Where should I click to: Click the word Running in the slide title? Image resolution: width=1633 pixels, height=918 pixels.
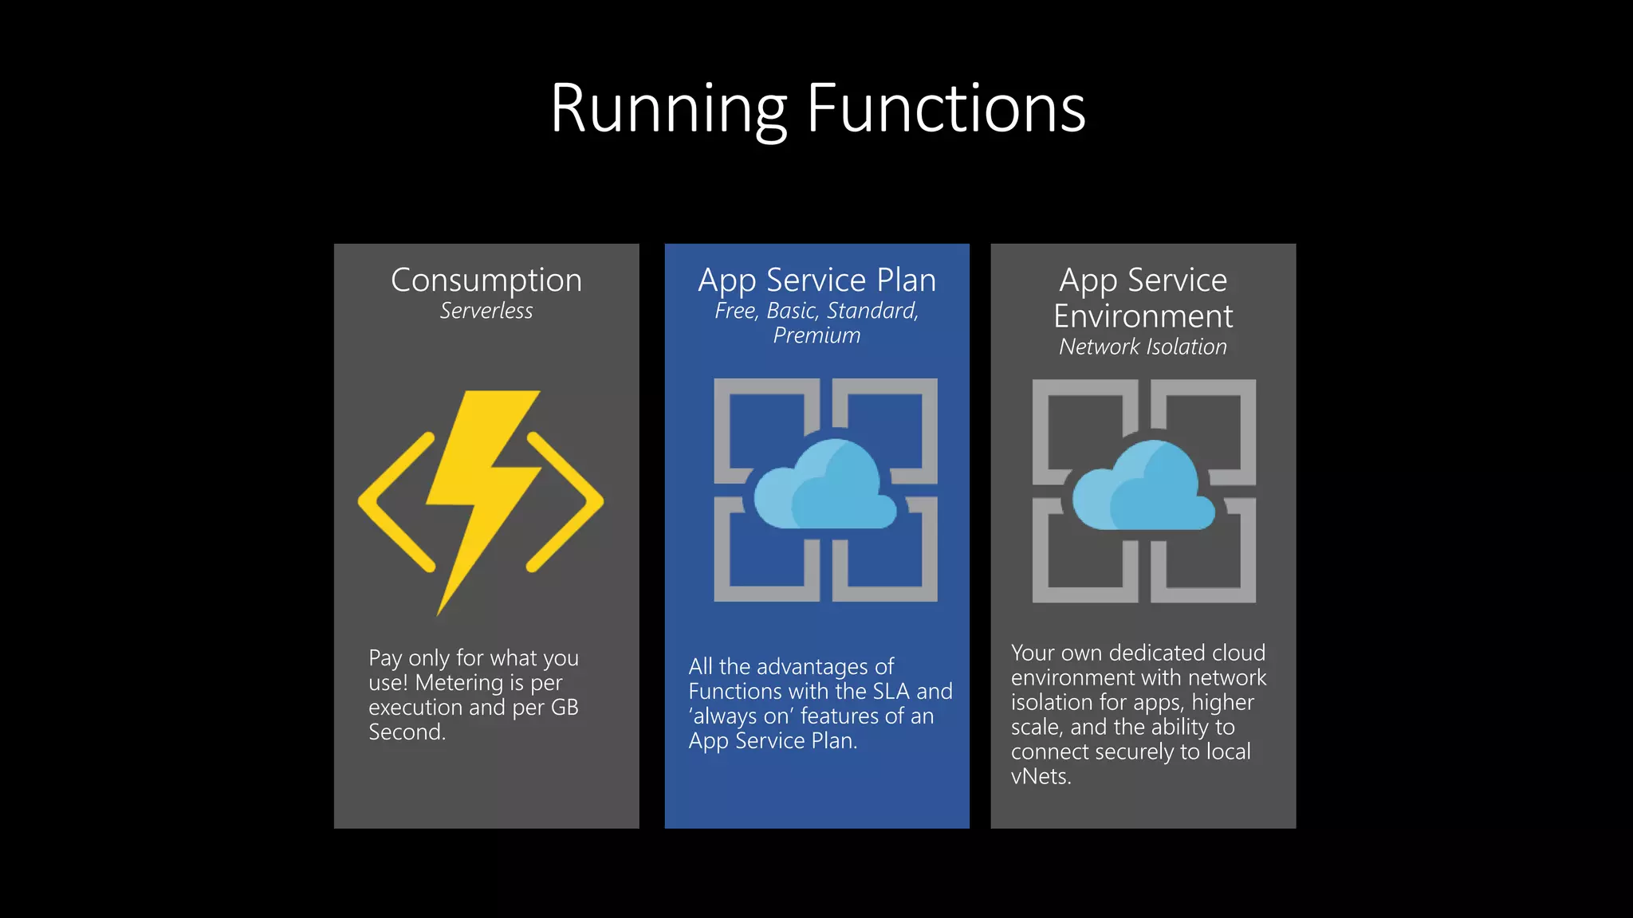tap(668, 108)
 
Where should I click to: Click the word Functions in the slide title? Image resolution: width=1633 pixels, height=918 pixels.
tap(946, 108)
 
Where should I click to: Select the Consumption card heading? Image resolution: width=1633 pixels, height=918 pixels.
tap(486, 280)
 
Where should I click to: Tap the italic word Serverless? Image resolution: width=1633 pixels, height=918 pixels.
tap(486, 311)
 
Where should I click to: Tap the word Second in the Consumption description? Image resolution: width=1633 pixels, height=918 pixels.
tap(406, 732)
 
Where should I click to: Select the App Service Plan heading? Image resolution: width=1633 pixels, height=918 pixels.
tap(816, 280)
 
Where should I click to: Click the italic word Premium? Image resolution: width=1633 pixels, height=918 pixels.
tap(816, 335)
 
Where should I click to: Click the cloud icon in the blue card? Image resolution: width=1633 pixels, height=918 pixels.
tap(824, 486)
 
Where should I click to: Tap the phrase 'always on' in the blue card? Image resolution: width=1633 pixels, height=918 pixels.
tap(742, 716)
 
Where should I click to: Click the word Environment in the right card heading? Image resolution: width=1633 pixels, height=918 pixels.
tap(1143, 316)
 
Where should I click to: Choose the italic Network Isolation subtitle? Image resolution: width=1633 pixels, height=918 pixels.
tap(1143, 347)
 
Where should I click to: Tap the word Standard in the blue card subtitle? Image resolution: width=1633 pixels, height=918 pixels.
tap(872, 311)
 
